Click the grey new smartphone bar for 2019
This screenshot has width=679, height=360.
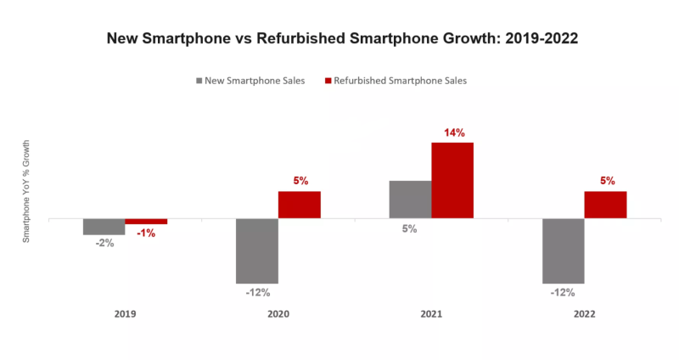tap(104, 227)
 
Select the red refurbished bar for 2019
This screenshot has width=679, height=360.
tap(146, 222)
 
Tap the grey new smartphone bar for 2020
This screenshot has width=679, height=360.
tap(256, 250)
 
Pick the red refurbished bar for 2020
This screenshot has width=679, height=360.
tap(299, 205)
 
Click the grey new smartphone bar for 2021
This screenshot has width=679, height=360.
tap(410, 200)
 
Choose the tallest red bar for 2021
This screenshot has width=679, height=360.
tap(452, 180)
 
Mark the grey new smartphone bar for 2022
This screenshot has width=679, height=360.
tap(563, 250)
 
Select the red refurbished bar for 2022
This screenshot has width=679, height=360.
tap(605, 205)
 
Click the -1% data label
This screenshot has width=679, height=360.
tap(145, 233)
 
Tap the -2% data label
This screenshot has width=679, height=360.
tap(104, 243)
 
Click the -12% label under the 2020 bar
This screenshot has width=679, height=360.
tap(257, 293)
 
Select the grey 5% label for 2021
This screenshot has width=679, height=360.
tap(409, 228)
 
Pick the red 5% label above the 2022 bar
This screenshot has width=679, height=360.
tap(606, 181)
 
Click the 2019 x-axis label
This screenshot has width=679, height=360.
tap(125, 313)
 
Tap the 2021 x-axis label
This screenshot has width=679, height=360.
tap(431, 313)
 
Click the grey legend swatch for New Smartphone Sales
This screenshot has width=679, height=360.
tap(199, 82)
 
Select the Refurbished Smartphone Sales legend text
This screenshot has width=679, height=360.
tap(401, 82)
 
